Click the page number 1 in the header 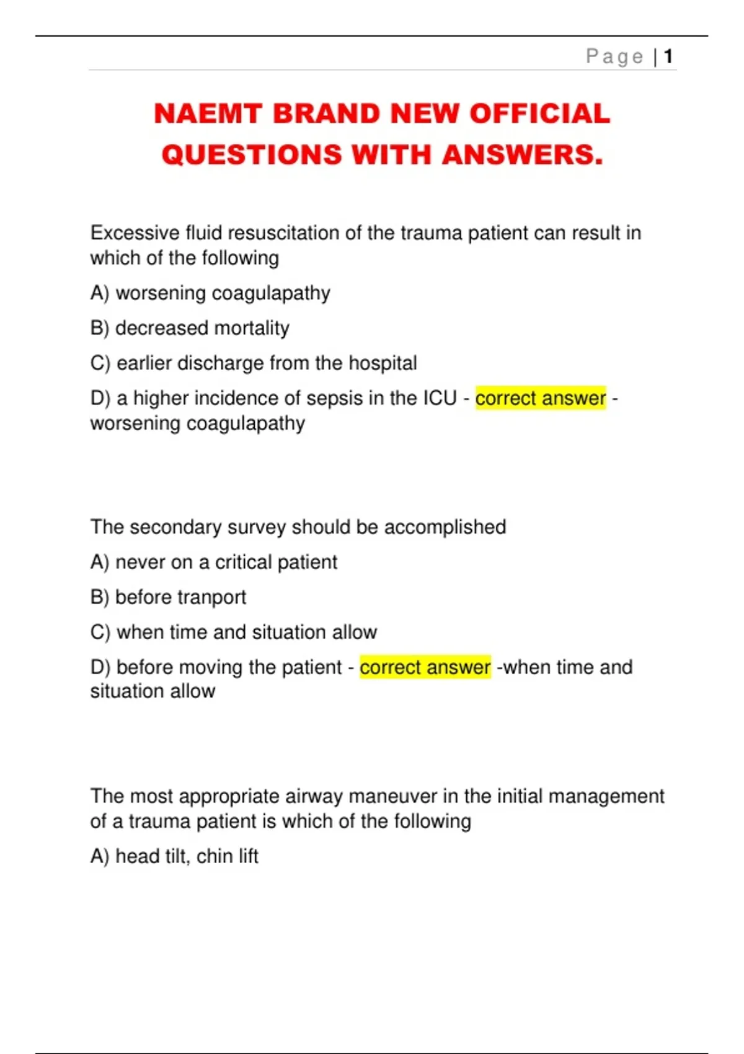coord(668,56)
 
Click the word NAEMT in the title coord(208,113)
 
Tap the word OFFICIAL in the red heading coord(539,113)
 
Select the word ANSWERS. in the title coord(522,154)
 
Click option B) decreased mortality coord(190,328)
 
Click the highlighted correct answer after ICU coord(540,398)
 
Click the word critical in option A coord(243,562)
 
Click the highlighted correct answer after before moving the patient coord(425,667)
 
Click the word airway coord(313,796)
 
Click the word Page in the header coord(614,56)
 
